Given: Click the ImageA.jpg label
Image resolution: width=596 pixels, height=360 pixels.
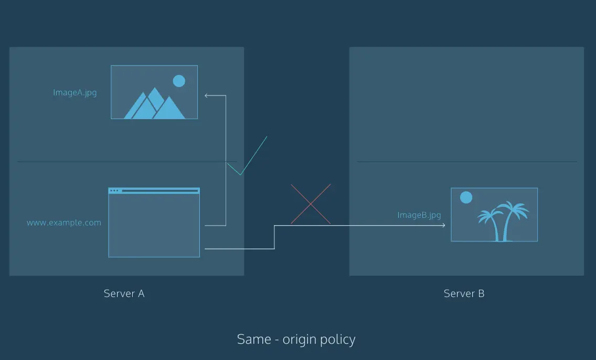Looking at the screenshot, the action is [x=75, y=93].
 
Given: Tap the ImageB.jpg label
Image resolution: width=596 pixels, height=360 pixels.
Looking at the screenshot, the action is [x=419, y=215].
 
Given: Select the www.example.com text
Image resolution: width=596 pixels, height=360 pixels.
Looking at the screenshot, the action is [x=64, y=223].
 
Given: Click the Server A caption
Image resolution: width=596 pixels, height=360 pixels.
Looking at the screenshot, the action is [x=124, y=293].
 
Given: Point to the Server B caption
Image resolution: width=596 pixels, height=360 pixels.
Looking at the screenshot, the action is [x=464, y=293].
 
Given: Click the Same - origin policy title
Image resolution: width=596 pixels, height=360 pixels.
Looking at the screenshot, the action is [x=296, y=339].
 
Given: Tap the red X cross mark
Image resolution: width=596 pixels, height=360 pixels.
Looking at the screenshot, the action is [x=311, y=204].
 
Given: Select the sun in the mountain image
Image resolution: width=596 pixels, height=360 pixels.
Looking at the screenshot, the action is [x=179, y=81].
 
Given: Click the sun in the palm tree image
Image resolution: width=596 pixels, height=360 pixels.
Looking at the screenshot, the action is [x=466, y=198].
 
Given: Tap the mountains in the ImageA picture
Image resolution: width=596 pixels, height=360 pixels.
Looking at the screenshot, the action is [x=155, y=104].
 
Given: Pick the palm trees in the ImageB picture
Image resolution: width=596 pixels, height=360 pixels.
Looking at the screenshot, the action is [x=503, y=221].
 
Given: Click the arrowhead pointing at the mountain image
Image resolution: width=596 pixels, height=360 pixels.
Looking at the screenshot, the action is [x=206, y=96].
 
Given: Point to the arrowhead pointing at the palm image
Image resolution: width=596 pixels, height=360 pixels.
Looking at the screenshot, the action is [x=443, y=226].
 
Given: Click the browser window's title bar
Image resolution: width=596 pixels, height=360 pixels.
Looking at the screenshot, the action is [x=154, y=191].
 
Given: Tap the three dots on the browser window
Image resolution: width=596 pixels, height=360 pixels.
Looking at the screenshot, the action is [x=114, y=191].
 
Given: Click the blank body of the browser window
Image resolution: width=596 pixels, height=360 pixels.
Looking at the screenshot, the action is [x=154, y=226].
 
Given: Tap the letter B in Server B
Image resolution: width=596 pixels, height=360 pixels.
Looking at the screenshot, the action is [x=481, y=293].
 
